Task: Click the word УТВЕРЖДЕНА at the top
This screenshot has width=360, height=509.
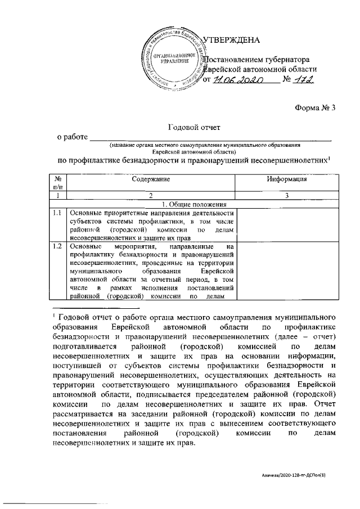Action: (231, 40)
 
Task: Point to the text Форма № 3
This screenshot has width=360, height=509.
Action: (315, 108)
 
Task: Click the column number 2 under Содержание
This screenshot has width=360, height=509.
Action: (151, 196)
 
